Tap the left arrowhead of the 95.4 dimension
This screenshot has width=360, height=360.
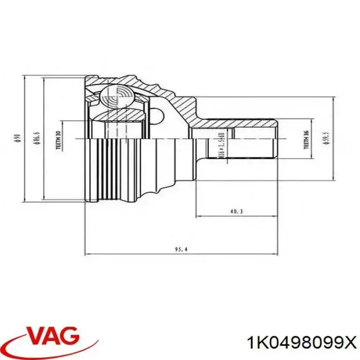coord(87,254)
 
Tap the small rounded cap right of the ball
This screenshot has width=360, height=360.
coord(157,114)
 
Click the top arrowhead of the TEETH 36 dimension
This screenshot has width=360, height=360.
coord(313,124)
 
